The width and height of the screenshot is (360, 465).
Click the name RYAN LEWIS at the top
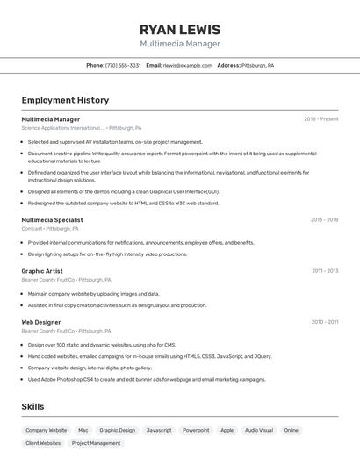(x=180, y=30)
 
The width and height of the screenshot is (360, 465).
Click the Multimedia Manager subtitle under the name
(x=180, y=44)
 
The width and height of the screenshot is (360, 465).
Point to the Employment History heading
(x=65, y=100)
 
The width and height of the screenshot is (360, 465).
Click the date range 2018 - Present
(x=320, y=119)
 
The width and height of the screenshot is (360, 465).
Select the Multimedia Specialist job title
(x=52, y=220)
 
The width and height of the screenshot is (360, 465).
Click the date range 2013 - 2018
(x=324, y=220)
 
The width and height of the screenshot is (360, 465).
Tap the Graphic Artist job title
(x=43, y=271)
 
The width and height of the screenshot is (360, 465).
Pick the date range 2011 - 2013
(x=324, y=271)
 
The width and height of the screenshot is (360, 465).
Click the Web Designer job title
(x=41, y=322)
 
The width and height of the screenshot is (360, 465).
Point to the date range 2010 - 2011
(x=324, y=322)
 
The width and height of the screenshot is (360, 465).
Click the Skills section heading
(x=33, y=406)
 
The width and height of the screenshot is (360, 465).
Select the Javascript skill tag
(x=159, y=430)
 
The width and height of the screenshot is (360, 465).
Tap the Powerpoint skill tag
(x=196, y=430)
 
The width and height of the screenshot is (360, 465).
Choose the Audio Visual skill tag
(x=259, y=430)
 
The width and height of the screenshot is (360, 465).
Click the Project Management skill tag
(x=96, y=443)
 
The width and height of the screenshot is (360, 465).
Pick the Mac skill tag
(x=83, y=430)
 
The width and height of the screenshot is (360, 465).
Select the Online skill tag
(x=292, y=430)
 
